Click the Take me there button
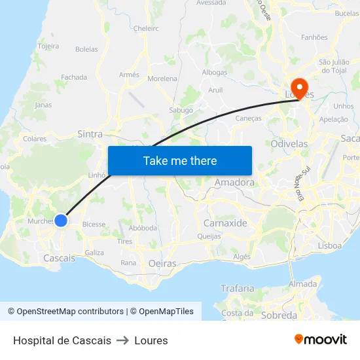pyautogui.click(x=180, y=160)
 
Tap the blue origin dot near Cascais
pyautogui.click(x=61, y=221)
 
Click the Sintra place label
pyautogui.click(x=90, y=134)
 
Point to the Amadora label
pyautogui.click(x=234, y=183)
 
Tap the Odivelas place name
pyautogui.click(x=289, y=143)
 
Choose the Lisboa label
pyautogui.click(x=329, y=245)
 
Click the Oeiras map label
pyautogui.click(x=162, y=263)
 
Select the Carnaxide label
pyautogui.click(x=225, y=223)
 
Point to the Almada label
pyautogui.click(x=302, y=284)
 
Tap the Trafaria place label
pyautogui.click(x=237, y=288)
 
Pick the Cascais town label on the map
pyautogui.click(x=59, y=259)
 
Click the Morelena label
pyautogui.click(x=162, y=79)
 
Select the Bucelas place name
pyautogui.click(x=347, y=13)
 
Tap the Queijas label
pyautogui.click(x=209, y=237)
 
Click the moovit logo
pyautogui.click(x=321, y=340)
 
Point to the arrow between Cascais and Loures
pyautogui.click(x=122, y=340)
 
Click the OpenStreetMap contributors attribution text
pyautogui.click(x=65, y=312)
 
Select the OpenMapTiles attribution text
pyautogui.click(x=162, y=312)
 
